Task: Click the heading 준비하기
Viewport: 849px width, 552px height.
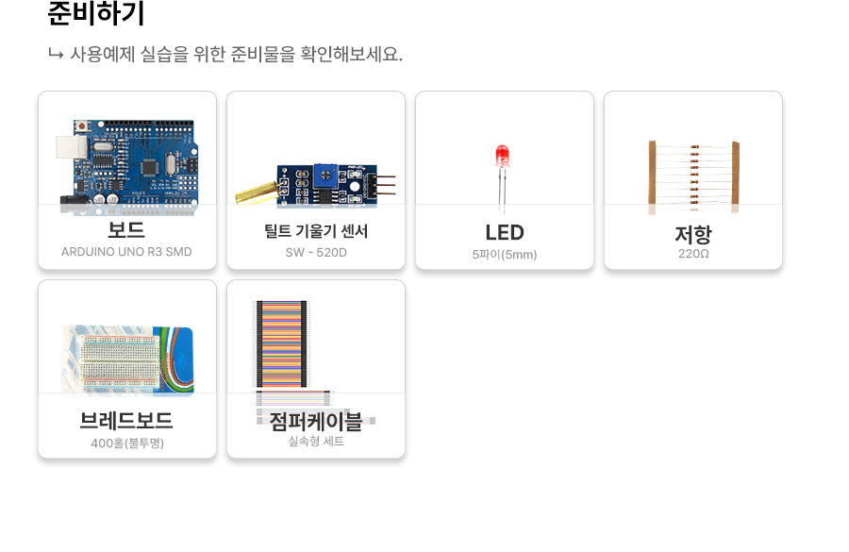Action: pos(96,14)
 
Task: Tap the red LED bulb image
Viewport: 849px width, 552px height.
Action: pos(502,159)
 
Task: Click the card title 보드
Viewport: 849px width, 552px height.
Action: pos(126,229)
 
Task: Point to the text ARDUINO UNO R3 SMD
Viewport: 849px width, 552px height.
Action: pos(126,252)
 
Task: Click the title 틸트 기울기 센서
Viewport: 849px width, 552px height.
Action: pos(316,231)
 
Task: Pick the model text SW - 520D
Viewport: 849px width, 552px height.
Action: pos(316,253)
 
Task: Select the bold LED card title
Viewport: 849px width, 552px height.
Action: pos(505,232)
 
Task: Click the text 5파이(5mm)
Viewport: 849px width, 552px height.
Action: pos(505,254)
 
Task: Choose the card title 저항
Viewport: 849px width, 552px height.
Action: pos(693,235)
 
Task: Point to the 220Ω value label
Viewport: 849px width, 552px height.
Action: pos(693,254)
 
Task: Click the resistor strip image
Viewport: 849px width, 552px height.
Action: pos(693,173)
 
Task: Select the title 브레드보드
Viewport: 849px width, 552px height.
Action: pos(126,421)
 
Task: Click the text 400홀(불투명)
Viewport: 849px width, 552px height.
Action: pos(127,443)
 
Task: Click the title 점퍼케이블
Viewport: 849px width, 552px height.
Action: pos(316,421)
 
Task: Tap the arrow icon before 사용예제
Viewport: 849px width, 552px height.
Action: pos(55,54)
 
